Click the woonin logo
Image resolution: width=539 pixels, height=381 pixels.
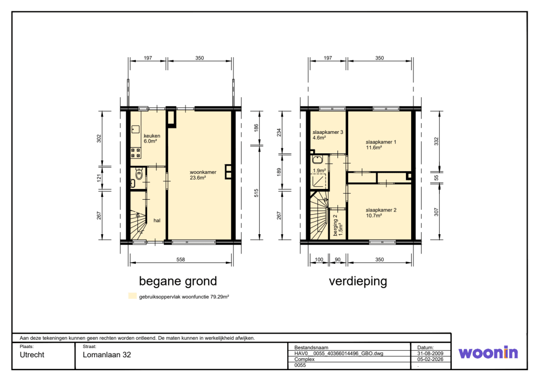coord(488,353)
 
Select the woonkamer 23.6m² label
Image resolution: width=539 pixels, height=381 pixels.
coord(203,175)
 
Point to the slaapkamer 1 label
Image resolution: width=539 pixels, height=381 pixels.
coord(381,145)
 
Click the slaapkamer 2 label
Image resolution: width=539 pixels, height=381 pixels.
coord(381,213)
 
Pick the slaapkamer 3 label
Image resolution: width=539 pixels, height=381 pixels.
coord(328,134)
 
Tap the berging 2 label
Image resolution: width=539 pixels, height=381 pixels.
coord(338,226)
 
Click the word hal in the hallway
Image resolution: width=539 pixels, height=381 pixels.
coord(157,220)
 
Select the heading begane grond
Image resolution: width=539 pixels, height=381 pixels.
coord(178,281)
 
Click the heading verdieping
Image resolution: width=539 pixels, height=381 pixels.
coord(358,281)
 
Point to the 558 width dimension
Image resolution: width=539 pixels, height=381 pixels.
coord(181,260)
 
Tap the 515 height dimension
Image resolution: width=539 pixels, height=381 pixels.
coord(256,193)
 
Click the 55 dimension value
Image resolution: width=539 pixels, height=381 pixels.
coord(436,178)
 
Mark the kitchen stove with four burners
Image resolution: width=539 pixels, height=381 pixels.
coord(136,153)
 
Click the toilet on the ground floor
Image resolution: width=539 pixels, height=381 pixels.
coord(139,174)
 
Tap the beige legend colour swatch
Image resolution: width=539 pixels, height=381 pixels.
coord(133,296)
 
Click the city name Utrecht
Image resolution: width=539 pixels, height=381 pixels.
coord(32,355)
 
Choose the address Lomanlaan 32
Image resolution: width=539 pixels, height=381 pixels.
coord(107,355)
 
